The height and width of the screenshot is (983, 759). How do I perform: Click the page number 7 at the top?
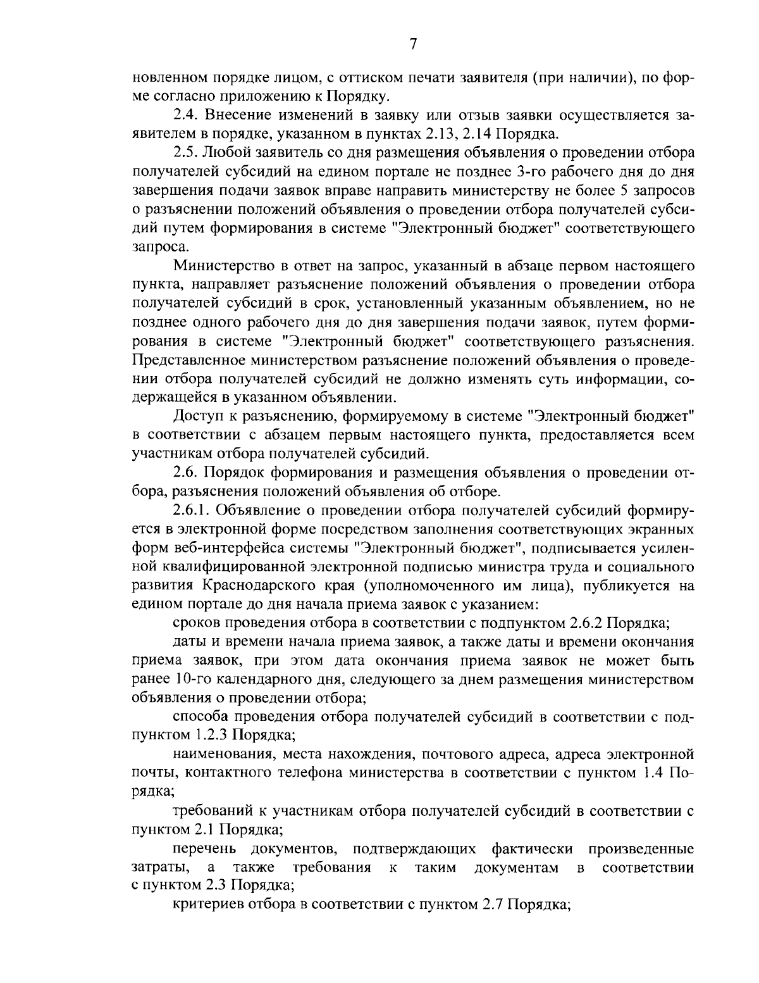click(412, 44)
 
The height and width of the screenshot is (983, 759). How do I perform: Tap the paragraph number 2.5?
click(184, 153)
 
